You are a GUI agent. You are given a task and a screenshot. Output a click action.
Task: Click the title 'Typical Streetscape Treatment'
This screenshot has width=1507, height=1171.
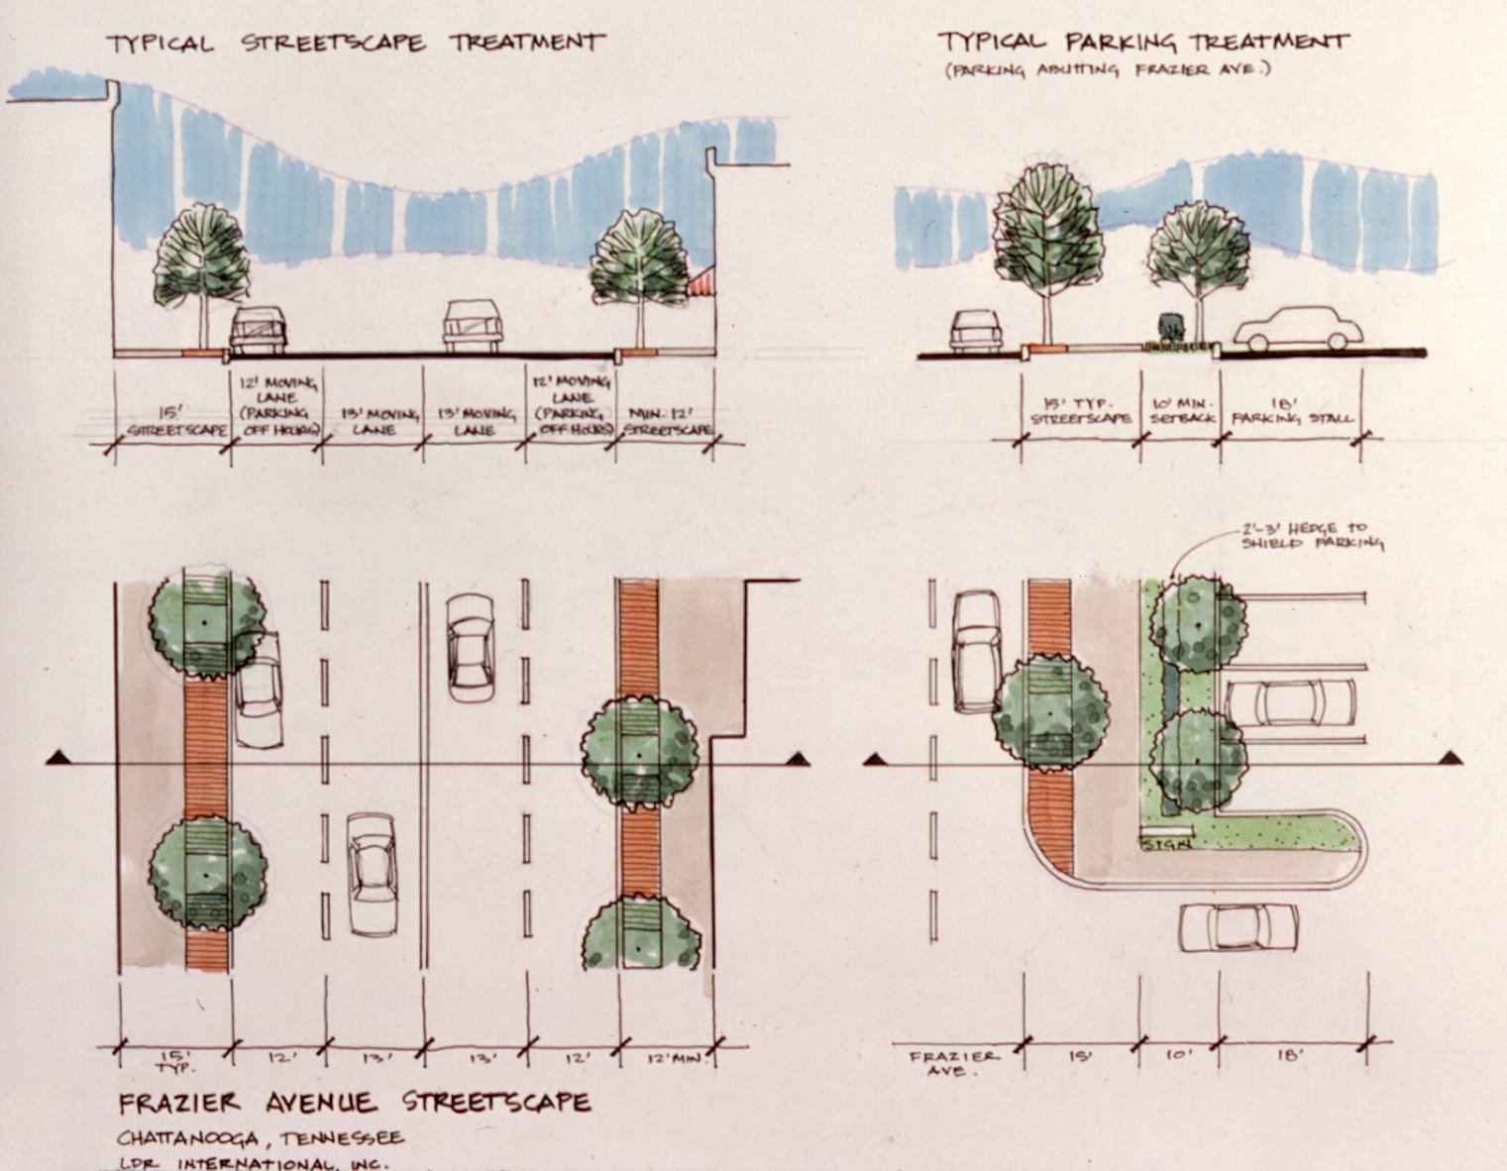pos(355,43)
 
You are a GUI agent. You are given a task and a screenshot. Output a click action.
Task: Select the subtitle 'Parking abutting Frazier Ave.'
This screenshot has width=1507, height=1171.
pos(1107,70)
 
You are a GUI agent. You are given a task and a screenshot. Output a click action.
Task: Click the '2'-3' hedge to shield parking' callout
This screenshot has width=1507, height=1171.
pos(1313,536)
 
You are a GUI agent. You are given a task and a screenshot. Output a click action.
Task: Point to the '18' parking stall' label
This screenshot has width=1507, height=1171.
pos(1290,411)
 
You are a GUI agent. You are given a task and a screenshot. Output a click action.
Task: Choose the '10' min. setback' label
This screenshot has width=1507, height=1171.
pos(1178,411)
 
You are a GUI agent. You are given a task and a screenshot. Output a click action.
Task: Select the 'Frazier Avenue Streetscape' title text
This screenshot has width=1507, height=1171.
pos(355,1102)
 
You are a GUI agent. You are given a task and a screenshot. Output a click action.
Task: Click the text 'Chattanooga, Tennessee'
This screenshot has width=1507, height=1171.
pos(261,1137)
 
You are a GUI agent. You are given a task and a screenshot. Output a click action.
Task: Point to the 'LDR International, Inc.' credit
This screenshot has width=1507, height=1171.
pos(253,1163)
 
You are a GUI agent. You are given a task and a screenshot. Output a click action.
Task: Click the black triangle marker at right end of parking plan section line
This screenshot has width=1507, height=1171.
pos(1452,759)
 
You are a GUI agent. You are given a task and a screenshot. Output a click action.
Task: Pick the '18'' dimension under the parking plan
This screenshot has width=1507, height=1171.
pos(1290,1056)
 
